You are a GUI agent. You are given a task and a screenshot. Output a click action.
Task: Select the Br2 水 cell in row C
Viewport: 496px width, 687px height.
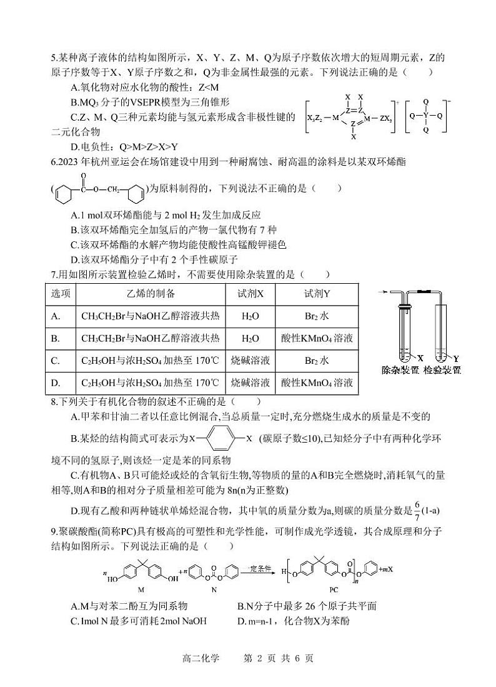click(x=317, y=361)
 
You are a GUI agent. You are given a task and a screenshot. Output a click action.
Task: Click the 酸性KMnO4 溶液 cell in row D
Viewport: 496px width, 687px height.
click(x=317, y=383)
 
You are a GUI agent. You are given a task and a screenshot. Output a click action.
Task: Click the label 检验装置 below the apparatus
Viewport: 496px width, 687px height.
click(x=442, y=370)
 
